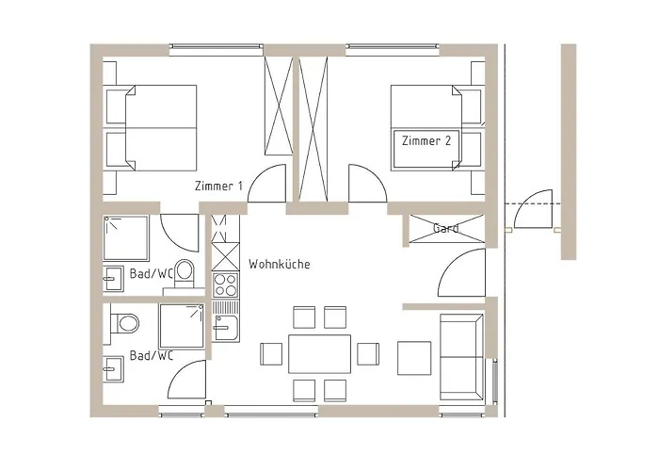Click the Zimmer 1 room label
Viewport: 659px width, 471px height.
tap(218, 187)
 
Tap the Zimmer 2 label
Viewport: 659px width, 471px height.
tap(426, 141)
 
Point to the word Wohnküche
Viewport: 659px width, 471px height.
tap(280, 265)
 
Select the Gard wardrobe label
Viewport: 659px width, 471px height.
tap(446, 229)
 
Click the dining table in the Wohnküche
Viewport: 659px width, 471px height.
tap(319, 354)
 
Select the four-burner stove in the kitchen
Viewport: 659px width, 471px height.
tap(226, 284)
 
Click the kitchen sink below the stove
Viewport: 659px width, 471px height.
tap(226, 328)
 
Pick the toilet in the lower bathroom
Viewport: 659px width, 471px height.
tap(123, 323)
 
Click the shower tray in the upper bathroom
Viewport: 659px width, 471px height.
tap(125, 238)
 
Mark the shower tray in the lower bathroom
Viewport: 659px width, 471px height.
tap(183, 326)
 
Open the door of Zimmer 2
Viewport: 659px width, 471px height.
tap(364, 183)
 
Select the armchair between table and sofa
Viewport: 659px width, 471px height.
tap(413, 356)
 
